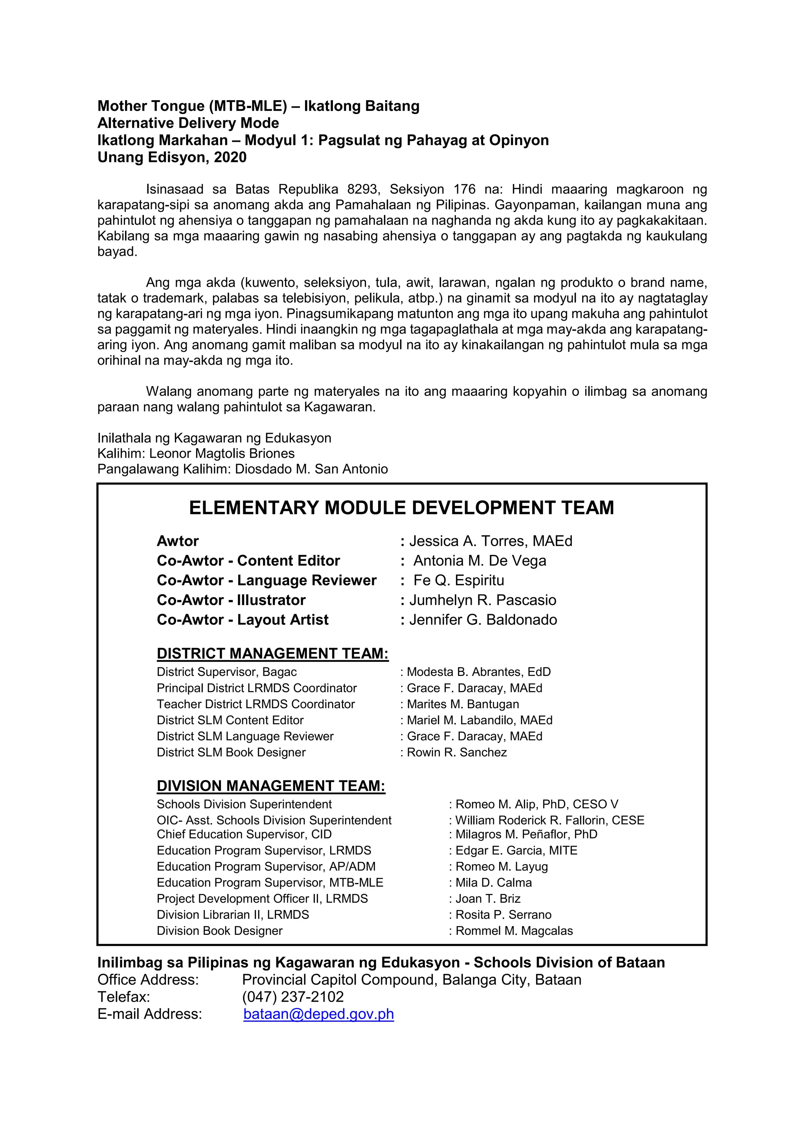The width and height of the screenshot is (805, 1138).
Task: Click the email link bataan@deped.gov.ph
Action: (x=318, y=1014)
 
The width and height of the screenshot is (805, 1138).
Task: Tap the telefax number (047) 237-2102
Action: (x=292, y=997)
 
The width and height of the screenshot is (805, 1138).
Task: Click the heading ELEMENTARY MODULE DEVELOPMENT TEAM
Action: (x=401, y=508)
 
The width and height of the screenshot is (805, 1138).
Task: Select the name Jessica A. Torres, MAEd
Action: (x=490, y=541)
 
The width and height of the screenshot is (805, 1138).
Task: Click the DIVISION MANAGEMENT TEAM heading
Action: (x=271, y=786)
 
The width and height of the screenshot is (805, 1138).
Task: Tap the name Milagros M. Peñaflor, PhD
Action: (x=526, y=834)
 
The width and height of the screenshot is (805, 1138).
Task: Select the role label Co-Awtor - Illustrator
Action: (x=231, y=600)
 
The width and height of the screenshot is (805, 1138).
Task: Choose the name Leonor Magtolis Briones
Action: (x=222, y=453)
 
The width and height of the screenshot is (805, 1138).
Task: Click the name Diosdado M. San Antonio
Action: (x=311, y=469)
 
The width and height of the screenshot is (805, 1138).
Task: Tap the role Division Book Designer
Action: (x=220, y=931)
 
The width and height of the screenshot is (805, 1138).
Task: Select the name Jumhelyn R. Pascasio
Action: (x=482, y=600)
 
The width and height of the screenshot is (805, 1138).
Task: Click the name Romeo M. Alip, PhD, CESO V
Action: (x=536, y=804)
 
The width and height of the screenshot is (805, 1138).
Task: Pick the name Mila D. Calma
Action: (x=493, y=882)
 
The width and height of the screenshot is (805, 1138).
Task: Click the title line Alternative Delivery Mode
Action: (x=188, y=123)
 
